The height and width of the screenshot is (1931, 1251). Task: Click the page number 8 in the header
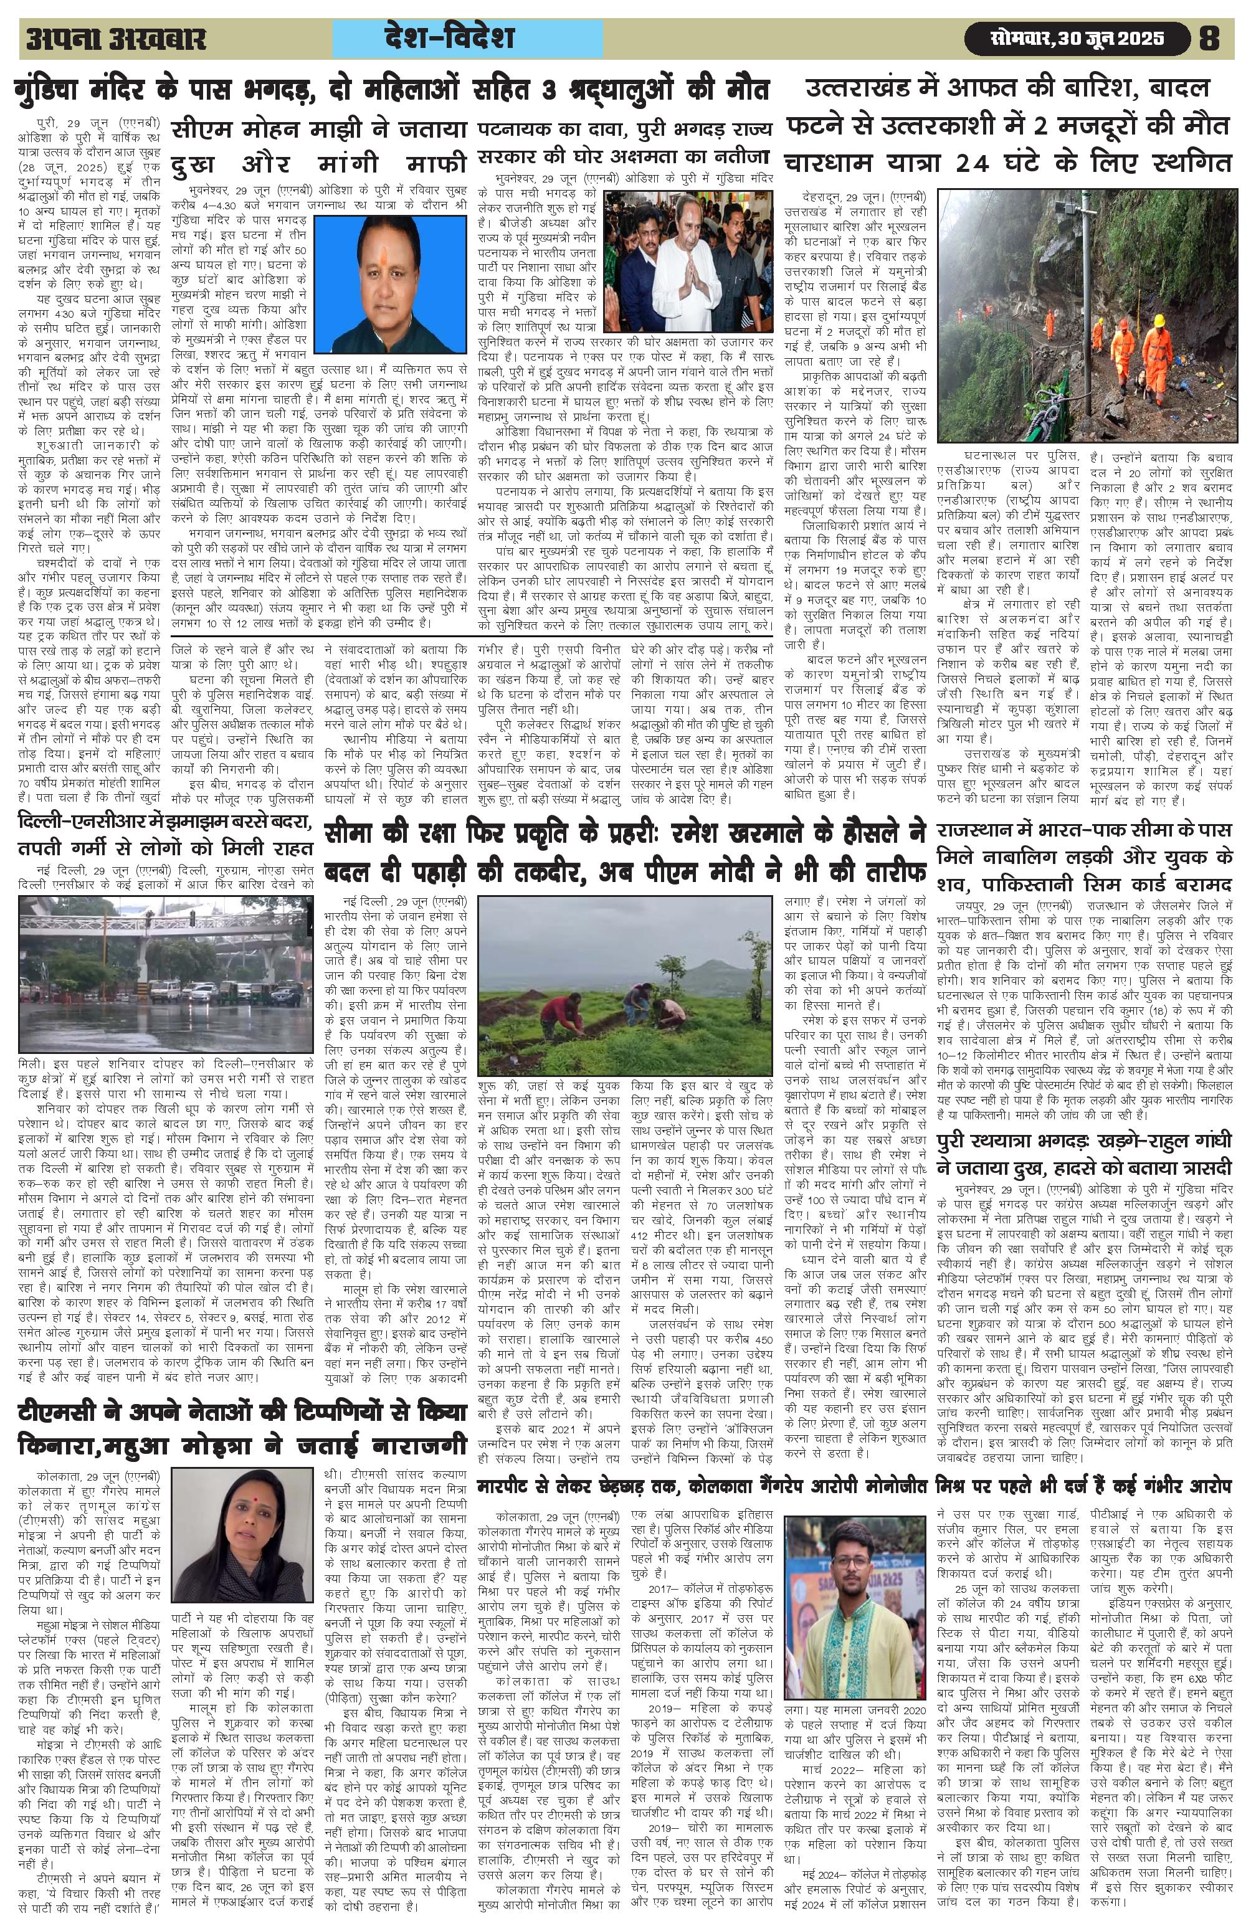coord(1208,39)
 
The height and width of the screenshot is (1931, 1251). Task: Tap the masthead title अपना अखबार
coord(116,40)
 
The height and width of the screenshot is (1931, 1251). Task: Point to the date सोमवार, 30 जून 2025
coord(1077,39)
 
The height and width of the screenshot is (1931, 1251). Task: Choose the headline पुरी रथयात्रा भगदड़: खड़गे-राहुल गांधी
coord(1085,1156)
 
